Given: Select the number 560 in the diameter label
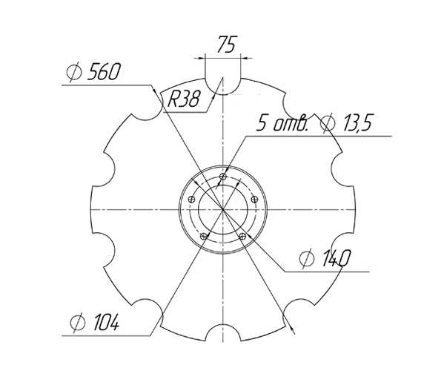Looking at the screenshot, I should [x=104, y=73].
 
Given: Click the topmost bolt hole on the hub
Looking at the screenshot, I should [x=223, y=177].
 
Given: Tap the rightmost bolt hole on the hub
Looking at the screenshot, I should [x=255, y=200].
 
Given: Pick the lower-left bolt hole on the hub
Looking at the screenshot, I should [x=204, y=236].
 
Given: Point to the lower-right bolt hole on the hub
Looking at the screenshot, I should [x=243, y=236].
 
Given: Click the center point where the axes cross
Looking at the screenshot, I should [x=223, y=209].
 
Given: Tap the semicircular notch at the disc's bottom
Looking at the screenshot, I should [x=223, y=335].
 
